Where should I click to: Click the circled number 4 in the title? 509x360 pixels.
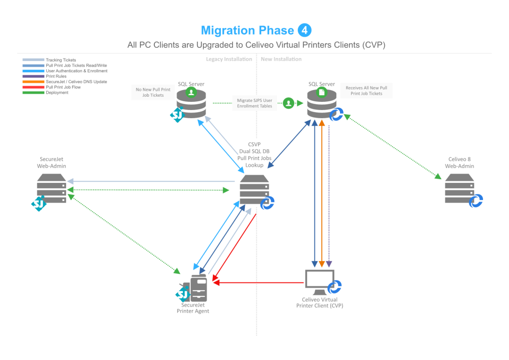point(304,30)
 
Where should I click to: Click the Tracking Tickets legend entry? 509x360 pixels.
point(61,60)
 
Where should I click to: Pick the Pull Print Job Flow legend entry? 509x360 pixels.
point(63,87)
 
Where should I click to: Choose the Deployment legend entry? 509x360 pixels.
point(57,93)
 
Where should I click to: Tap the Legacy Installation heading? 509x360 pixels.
point(229,59)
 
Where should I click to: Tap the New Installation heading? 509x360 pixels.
point(281,59)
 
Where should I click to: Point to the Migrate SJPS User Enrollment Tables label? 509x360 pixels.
point(254,103)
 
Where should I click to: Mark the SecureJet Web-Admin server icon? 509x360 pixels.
point(51,188)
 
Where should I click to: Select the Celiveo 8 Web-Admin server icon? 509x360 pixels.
point(459,189)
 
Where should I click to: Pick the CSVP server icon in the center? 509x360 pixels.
point(254,189)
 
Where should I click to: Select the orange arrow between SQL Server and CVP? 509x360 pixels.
point(322,193)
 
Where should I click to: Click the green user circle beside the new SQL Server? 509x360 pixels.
point(289,103)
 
